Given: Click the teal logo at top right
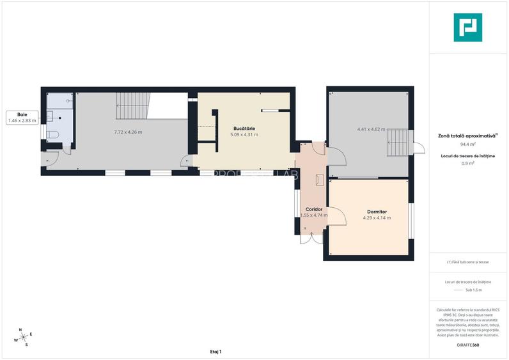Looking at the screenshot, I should [467, 27].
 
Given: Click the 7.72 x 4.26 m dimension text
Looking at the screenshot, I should [128, 132].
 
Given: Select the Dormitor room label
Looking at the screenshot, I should [377, 212].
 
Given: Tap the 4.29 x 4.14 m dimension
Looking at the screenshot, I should [377, 218].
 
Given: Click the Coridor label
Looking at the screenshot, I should [313, 209].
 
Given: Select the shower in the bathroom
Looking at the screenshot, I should [61, 100].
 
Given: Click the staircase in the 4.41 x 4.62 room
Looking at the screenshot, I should [398, 143].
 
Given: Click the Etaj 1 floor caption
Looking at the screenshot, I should [215, 352].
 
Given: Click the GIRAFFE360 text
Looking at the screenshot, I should [467, 345].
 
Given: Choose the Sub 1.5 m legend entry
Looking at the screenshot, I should [473, 290].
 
